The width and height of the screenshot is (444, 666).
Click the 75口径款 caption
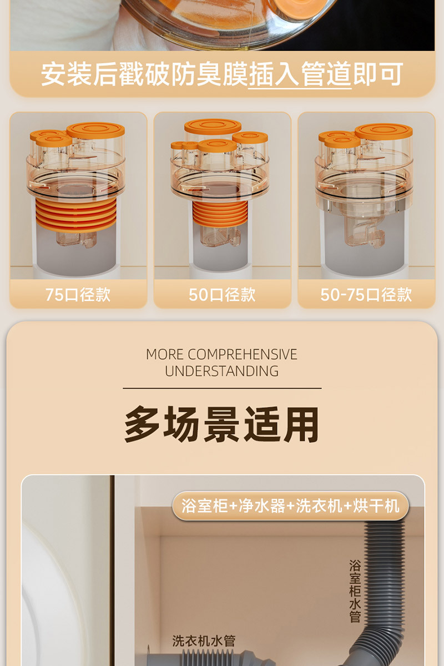tap(78, 294)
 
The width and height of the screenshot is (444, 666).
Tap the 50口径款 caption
tap(222, 294)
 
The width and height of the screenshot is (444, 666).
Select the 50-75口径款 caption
tap(366, 294)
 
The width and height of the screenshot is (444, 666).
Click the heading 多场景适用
tap(221, 425)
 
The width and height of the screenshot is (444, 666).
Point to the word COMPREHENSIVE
tap(243, 355)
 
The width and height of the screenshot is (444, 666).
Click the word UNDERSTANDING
tap(221, 371)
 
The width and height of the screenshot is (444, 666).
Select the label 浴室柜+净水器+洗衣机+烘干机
tap(290, 506)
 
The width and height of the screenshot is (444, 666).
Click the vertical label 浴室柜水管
tap(355, 591)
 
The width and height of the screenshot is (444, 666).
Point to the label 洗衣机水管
tap(204, 641)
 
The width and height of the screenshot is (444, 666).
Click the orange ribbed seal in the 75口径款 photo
tap(77, 214)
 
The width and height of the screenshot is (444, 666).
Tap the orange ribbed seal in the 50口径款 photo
tap(221, 214)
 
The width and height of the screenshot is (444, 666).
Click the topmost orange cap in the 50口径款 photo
tap(213, 126)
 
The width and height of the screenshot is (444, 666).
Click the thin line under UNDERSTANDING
tap(221, 388)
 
